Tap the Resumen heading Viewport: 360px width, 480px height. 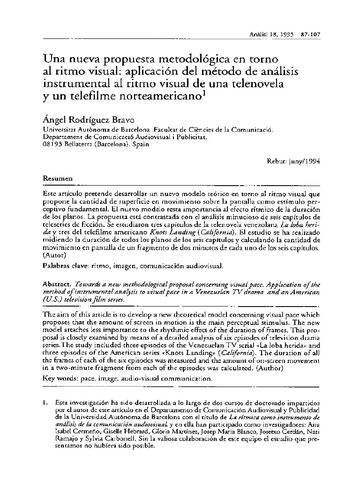[58, 179]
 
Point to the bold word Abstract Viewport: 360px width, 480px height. [56, 284]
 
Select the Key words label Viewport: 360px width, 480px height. [58, 378]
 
